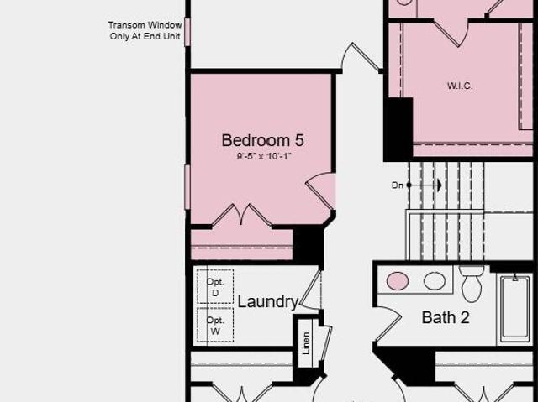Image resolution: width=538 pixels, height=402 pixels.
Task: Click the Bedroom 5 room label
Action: pyautogui.click(x=263, y=140)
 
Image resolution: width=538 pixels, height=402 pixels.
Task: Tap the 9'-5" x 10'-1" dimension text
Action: pyautogui.click(x=263, y=156)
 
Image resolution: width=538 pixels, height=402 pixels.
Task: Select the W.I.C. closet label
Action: pyautogui.click(x=460, y=86)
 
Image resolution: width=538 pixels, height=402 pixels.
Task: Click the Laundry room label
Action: pyautogui.click(x=267, y=301)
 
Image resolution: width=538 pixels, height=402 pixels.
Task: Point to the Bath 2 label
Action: pyautogui.click(x=446, y=317)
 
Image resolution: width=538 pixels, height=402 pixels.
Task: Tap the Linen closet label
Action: pyautogui.click(x=306, y=342)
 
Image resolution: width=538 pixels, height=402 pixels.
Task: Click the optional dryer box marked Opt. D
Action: pyautogui.click(x=215, y=287)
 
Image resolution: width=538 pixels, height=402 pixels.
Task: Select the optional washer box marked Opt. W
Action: pyautogui.click(x=215, y=325)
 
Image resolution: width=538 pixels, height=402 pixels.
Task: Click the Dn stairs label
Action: pyautogui.click(x=397, y=185)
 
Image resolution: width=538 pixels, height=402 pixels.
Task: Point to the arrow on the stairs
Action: pyautogui.click(x=425, y=185)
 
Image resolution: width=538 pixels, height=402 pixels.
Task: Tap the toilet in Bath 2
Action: pyautogui.click(x=472, y=284)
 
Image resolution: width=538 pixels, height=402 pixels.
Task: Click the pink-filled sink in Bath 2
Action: pyautogui.click(x=398, y=281)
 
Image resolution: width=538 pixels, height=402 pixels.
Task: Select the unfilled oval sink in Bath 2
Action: pyautogui.click(x=435, y=281)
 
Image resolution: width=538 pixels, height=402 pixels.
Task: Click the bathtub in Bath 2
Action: pyautogui.click(x=514, y=309)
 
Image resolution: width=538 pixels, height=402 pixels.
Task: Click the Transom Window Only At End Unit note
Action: pyautogui.click(x=145, y=30)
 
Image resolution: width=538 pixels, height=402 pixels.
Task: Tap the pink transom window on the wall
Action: pyautogui.click(x=187, y=32)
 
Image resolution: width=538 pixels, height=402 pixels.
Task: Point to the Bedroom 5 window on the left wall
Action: pyautogui.click(x=187, y=187)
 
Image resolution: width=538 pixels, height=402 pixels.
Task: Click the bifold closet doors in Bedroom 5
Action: pyautogui.click(x=242, y=215)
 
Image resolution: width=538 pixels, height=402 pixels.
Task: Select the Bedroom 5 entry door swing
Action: pyautogui.click(x=320, y=191)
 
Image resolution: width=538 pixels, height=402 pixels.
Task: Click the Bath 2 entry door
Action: pyautogui.click(x=388, y=324)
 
